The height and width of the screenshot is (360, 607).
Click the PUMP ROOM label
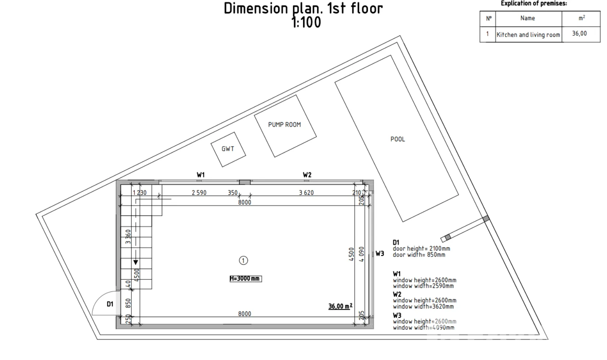click(x=284, y=125)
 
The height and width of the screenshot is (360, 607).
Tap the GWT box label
click(x=228, y=149)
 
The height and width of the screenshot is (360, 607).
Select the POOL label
click(x=398, y=140)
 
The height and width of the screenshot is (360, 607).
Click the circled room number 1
click(x=243, y=261)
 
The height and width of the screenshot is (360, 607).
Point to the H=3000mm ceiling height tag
click(x=245, y=279)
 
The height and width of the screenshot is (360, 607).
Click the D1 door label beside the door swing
click(x=110, y=304)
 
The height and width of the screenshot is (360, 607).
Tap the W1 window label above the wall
click(x=200, y=175)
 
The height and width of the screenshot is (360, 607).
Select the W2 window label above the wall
click(x=307, y=175)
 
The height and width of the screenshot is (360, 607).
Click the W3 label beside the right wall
click(x=380, y=254)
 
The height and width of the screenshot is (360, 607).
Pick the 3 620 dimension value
click(x=306, y=193)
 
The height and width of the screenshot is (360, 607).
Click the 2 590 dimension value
click(x=199, y=193)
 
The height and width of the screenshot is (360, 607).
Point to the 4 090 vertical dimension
click(x=361, y=254)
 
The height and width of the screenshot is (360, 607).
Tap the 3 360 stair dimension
click(x=128, y=237)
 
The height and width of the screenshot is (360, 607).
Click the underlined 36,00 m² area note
click(x=340, y=306)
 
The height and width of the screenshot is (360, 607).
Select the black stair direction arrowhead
click(x=136, y=262)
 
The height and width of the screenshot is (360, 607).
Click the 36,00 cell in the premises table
click(x=579, y=33)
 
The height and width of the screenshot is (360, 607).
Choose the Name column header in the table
click(x=528, y=18)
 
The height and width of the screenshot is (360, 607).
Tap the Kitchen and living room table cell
click(x=528, y=35)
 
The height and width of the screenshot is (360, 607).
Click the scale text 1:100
click(x=306, y=22)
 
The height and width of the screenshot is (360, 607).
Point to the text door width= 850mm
click(x=419, y=255)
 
